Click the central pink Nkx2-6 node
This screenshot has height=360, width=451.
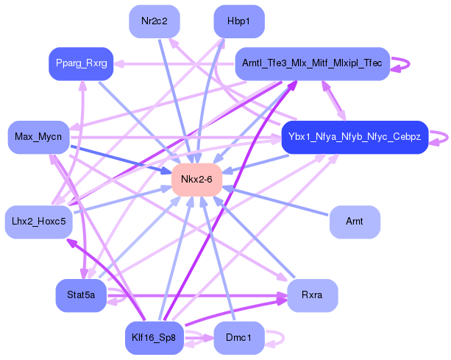pyautogui.click(x=196, y=180)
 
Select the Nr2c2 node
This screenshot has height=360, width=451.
pyautogui.click(x=155, y=21)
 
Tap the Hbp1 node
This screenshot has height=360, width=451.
pyautogui.click(x=239, y=21)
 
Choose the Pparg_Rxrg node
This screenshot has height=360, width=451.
pyautogui.click(x=79, y=64)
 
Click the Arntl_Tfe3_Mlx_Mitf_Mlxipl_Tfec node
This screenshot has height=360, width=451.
pyautogui.click(x=311, y=64)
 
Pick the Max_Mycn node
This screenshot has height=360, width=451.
pyautogui.click(x=38, y=137)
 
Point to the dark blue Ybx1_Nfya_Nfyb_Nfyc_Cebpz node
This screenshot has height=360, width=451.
pyautogui.click(x=355, y=137)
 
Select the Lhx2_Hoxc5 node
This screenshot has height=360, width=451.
pyautogui.click(x=39, y=221)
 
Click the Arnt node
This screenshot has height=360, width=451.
pyautogui.click(x=355, y=221)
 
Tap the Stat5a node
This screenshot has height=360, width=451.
pyautogui.click(x=81, y=295)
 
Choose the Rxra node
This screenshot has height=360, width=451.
pyautogui.click(x=312, y=295)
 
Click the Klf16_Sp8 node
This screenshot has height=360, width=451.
pyautogui.click(x=155, y=338)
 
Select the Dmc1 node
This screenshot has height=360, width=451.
pyautogui.click(x=238, y=338)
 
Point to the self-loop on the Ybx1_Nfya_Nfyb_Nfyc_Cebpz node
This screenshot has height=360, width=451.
pyautogui.click(x=440, y=137)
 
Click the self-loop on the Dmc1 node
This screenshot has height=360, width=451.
pyautogui.click(x=276, y=338)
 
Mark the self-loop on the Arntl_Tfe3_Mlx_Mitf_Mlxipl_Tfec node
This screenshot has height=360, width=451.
pyautogui.click(x=401, y=64)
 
